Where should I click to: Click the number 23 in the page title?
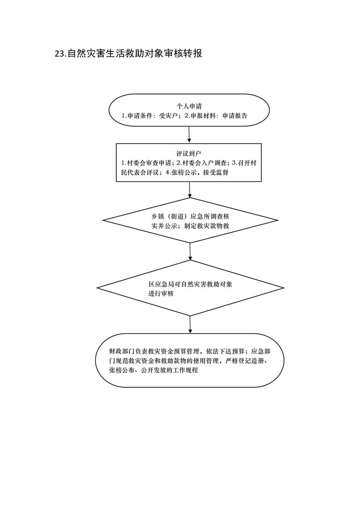59,54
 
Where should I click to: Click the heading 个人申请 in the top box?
189,106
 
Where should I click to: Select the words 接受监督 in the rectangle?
212,172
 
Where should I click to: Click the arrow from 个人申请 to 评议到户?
189,135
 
